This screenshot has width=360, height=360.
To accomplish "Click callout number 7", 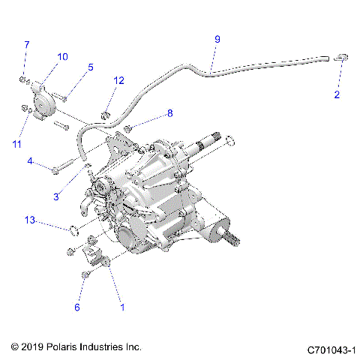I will coord(26,45).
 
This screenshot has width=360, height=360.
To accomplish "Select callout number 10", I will coord(62,57).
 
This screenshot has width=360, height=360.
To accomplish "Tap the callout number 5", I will coord(90,67).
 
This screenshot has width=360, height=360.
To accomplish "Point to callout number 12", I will coord(119,80).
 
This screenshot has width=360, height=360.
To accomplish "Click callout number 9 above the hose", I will coord(217,39).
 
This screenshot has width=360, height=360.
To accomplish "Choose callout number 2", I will coord(337,94).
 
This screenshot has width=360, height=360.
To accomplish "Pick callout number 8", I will coord(169,113).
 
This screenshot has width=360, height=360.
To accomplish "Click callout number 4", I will coord(30,161).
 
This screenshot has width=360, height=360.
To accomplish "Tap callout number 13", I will coord(29,220).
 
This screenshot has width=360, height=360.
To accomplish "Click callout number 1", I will coord(123,306).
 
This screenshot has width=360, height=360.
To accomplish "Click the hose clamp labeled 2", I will coord(340,56).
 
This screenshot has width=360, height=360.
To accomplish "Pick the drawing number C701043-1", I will coord(331,349).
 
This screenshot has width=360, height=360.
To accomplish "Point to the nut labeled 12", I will coord(106,115).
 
